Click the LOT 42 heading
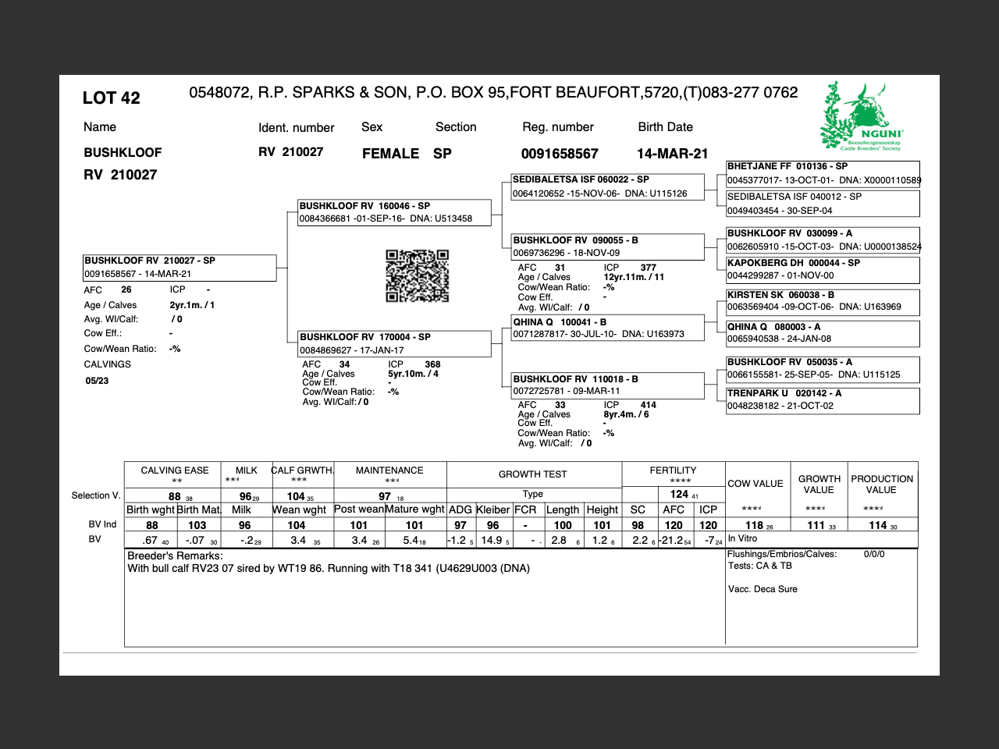click(112, 98)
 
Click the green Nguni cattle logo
click(862, 116)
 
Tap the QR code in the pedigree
click(418, 275)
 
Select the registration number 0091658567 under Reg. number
click(560, 154)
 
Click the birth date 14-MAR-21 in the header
click(672, 154)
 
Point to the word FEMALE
click(390, 154)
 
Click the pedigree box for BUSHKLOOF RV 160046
click(394, 212)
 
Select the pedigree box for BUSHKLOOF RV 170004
click(394, 343)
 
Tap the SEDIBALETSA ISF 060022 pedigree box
click(607, 186)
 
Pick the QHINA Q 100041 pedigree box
click(607, 328)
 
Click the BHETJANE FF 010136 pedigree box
click(823, 173)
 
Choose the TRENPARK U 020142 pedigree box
click(823, 399)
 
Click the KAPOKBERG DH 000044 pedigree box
click(823, 269)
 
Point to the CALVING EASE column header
click(174, 470)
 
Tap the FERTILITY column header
click(673, 470)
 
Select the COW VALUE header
click(755, 484)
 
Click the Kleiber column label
click(492, 509)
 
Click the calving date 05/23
click(97, 381)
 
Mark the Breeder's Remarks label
click(175, 556)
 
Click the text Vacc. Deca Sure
click(763, 589)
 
